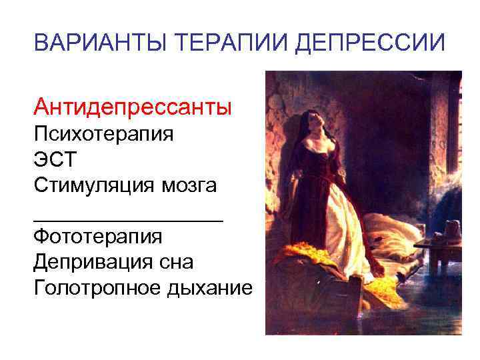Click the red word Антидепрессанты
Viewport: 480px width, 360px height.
pyautogui.click(x=133, y=106)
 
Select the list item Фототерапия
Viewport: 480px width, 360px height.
pyautogui.click(x=98, y=236)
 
